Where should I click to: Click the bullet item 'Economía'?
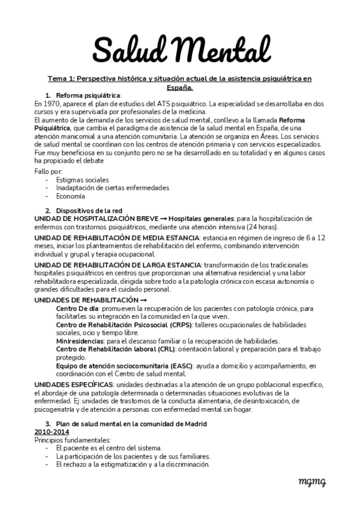click(70, 196)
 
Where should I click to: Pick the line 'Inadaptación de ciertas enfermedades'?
click(104, 187)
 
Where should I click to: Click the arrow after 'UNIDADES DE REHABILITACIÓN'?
click(143, 300)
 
